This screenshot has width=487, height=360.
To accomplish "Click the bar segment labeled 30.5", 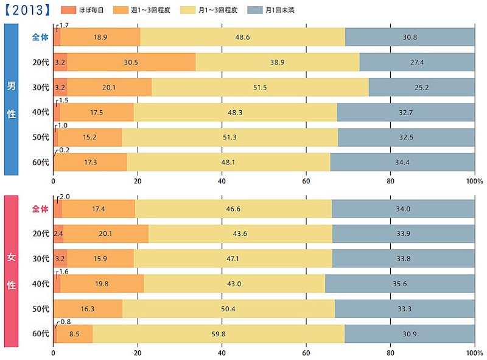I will coord(131,62).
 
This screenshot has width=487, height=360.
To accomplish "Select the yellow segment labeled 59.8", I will coord(219,334).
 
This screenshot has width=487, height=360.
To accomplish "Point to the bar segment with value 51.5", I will coord(260,87).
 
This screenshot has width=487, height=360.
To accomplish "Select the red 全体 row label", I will coord(40,209).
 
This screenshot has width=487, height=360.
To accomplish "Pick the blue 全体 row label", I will coord(40,37).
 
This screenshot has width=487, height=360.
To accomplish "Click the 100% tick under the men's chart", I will coord(475,182).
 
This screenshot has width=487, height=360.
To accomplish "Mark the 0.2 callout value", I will coord(62,150).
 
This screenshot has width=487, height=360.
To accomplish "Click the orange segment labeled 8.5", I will coord(74,334).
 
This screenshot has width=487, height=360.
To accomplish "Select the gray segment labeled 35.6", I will coord(400,284).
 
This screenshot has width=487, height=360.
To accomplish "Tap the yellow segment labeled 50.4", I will coord(228,309).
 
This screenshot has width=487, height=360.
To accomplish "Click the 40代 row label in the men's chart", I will coord(41,112).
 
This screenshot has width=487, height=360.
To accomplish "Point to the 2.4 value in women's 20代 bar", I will coord(58,234).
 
